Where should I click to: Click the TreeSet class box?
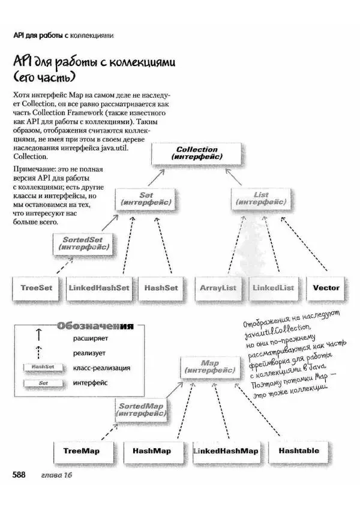[36, 288]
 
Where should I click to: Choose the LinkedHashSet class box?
[99, 288]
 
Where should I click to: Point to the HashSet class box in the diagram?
[161, 288]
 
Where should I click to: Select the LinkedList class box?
[274, 288]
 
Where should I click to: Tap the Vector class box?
[326, 288]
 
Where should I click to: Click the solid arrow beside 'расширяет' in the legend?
[38, 337]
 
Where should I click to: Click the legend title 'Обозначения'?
[94, 326]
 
